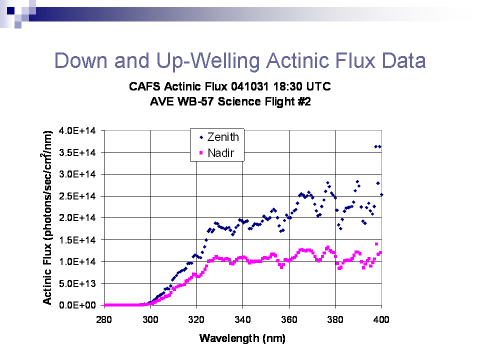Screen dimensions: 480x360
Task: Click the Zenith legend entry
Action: tap(219, 137)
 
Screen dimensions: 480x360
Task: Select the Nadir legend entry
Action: tap(217, 153)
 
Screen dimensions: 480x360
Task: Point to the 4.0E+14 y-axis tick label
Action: tap(77, 130)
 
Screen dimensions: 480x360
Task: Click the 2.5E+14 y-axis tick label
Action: tap(77, 196)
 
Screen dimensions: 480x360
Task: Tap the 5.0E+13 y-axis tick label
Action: tap(77, 284)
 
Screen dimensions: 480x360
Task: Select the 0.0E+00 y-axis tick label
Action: tap(77, 305)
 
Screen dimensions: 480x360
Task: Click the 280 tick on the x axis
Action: tap(104, 320)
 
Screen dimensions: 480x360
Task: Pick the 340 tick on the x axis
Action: tap(243, 320)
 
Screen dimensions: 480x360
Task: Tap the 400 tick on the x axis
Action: tap(381, 320)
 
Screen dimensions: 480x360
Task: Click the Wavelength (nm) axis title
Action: tap(242, 338)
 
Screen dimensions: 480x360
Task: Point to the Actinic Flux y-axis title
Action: tap(47, 217)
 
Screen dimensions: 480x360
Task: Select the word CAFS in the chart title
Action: tap(144, 86)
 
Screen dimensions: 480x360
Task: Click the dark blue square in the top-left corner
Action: tap(10, 10)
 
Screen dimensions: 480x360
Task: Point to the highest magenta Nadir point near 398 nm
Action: tap(376, 244)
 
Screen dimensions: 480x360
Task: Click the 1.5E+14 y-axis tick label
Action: tap(77, 240)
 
